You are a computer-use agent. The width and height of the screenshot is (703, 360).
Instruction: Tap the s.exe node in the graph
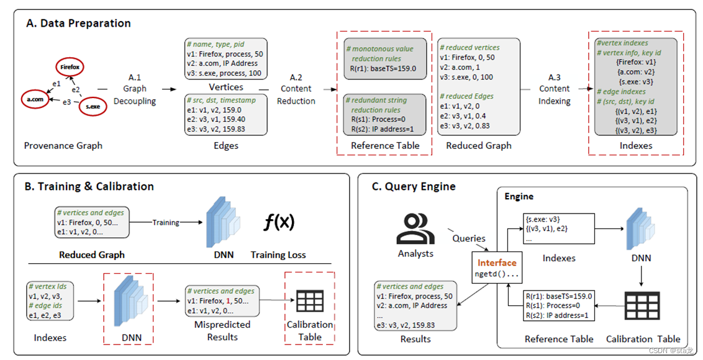pos(93,107)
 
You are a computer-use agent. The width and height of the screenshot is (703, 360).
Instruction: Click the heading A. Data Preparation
pos(78,24)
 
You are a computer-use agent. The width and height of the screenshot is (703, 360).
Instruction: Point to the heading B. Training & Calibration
pos(89,186)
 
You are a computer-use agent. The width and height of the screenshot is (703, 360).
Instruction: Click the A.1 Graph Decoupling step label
pos(135,89)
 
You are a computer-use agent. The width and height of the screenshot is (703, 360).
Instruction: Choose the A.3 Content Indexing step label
pos(554,89)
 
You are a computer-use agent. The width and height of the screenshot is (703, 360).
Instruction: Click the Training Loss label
pos(278,254)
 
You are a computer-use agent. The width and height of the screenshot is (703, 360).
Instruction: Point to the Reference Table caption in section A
pos(385,146)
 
